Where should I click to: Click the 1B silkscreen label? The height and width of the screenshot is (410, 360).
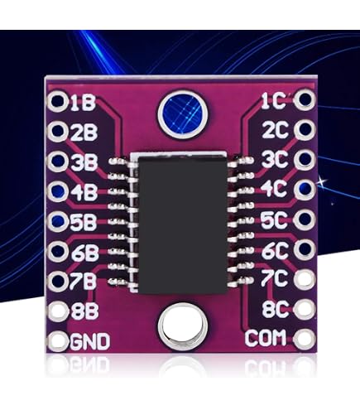tap(83, 103)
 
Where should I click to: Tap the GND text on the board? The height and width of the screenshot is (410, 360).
tap(90, 341)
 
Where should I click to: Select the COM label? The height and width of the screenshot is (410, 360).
tap(265, 338)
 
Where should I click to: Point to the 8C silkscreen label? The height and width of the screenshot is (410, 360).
tap(275, 309)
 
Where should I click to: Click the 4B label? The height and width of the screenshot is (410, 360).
tap(84, 191)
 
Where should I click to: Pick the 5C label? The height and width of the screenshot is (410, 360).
tap(275, 220)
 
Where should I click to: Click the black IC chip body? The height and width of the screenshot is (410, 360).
tap(182, 224)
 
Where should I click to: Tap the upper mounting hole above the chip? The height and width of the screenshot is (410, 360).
tap(183, 113)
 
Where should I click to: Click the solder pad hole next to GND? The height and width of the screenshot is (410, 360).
tap(58, 340)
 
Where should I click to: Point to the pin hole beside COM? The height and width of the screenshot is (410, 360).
tap(305, 338)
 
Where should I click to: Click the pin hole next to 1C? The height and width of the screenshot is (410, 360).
tap(305, 99)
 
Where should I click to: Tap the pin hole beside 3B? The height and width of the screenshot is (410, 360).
tap(58, 161)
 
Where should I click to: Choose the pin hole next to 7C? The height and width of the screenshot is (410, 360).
tap(305, 278)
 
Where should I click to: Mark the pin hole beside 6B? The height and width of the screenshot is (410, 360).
tap(58, 251)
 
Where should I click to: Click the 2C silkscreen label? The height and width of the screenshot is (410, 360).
tap(275, 130)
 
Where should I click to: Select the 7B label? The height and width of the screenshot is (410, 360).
tap(83, 282)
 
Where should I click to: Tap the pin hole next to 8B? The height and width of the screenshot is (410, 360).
tap(58, 311)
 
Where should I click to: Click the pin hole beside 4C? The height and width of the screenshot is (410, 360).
tap(305, 189)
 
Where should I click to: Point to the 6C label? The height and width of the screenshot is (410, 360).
tap(275, 251)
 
